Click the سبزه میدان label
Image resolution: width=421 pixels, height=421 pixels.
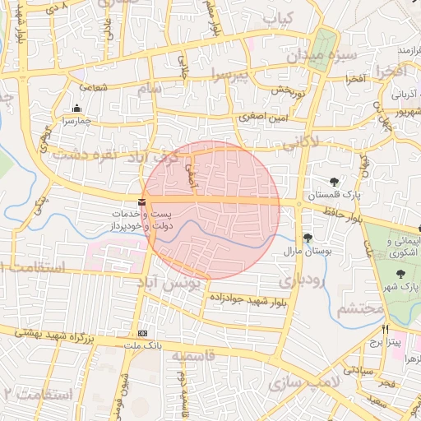pos(322,58)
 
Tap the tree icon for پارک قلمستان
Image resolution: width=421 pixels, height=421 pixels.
pos(333,182)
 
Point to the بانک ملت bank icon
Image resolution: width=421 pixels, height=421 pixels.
pos(143,333)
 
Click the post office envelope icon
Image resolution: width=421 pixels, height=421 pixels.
pos(142,200)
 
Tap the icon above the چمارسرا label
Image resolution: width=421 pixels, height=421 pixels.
pos(76,108)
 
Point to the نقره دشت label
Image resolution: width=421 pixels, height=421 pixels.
pos(81,153)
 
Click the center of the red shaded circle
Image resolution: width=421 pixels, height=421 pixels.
pos(211,210)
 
